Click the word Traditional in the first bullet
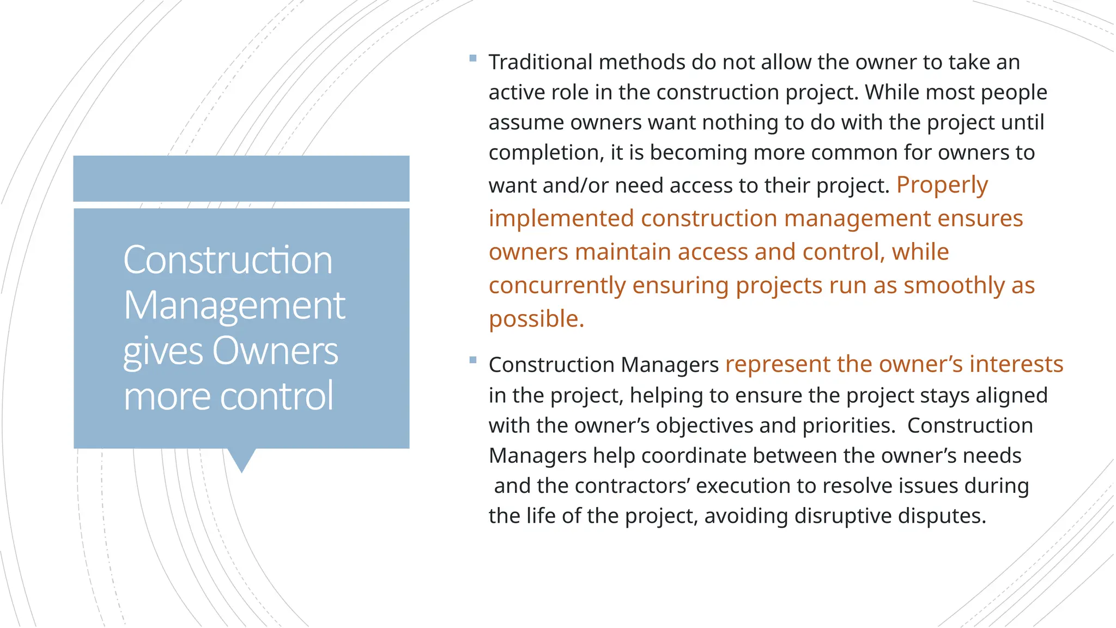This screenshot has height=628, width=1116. (x=540, y=62)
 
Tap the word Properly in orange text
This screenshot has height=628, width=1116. (x=942, y=185)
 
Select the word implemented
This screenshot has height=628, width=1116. (x=561, y=219)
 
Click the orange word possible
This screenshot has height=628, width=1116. (x=536, y=319)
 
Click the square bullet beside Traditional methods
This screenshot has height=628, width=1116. (x=472, y=58)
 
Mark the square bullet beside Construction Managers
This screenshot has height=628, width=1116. (x=472, y=360)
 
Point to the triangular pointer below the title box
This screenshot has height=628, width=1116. (x=241, y=460)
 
